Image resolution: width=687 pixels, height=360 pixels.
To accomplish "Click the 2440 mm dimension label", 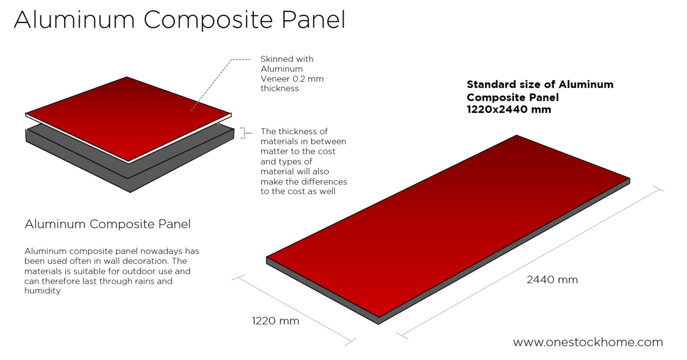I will (552, 280).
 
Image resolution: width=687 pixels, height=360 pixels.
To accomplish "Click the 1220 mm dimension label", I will (275, 321).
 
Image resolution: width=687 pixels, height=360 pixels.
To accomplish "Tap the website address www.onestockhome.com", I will (588, 342).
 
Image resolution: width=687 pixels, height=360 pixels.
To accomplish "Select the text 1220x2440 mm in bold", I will (508, 110).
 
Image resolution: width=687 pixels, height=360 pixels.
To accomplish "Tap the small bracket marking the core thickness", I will (243, 132).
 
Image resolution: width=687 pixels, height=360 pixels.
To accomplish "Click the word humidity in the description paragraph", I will (43, 291).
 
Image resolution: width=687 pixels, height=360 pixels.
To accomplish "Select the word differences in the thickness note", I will (324, 181).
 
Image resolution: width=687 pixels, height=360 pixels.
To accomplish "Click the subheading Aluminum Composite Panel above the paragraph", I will (107, 224).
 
